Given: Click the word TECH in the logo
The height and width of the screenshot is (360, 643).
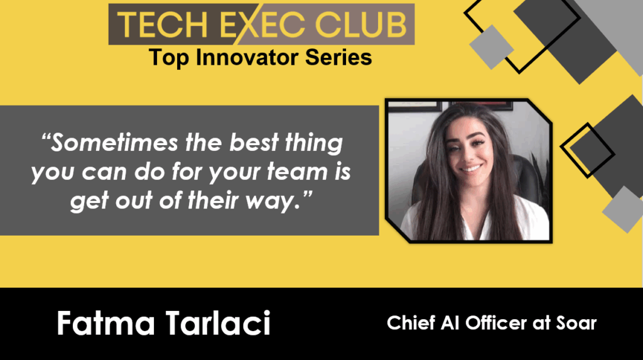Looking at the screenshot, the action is (x=162, y=25).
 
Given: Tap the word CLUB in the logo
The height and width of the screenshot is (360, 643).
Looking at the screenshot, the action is (x=360, y=25).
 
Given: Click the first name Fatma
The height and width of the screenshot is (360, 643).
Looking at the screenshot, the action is (x=105, y=324).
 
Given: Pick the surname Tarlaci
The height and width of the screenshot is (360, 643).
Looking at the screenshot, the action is (x=218, y=324).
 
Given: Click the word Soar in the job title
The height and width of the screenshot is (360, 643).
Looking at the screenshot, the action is (x=576, y=323).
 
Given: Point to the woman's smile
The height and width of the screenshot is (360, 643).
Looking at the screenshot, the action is (x=471, y=169).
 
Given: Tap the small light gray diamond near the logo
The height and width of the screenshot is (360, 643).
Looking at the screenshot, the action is (x=491, y=46).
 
